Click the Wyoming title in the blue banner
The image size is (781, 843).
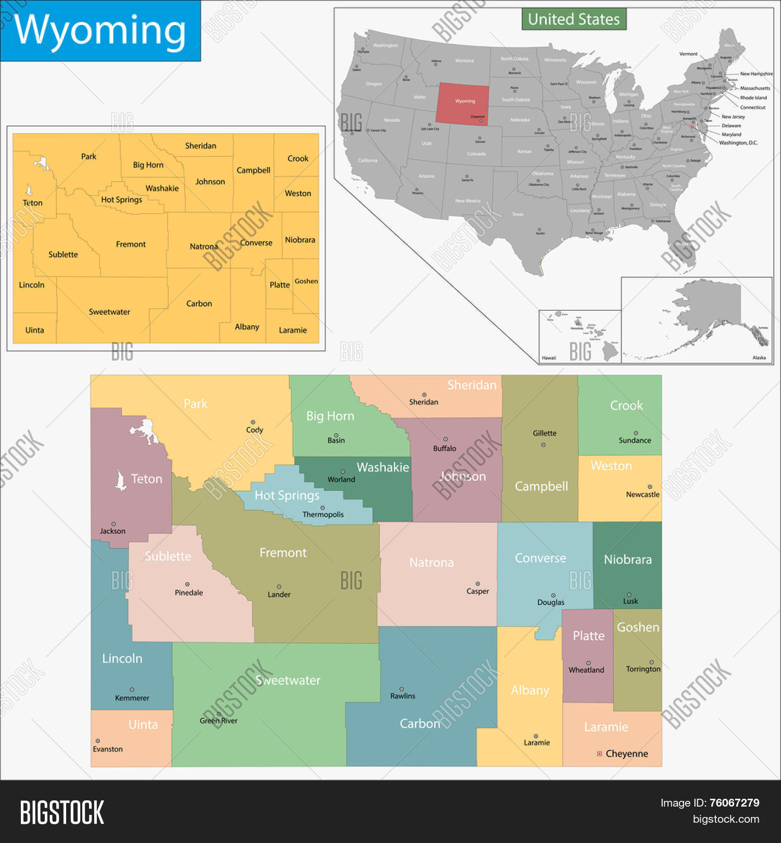click(99, 30)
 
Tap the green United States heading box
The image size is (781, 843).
click(574, 19)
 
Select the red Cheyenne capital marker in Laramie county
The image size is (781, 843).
click(599, 753)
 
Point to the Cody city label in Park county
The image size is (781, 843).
click(255, 430)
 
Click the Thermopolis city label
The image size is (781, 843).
click(323, 515)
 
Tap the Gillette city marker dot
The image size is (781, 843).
click(544, 445)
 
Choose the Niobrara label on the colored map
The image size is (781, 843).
click(627, 559)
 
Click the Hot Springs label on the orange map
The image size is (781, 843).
click(121, 200)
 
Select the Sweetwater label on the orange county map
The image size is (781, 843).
click(109, 312)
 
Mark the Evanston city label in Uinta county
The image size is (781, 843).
click(108, 749)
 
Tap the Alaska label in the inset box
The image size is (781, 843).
click(759, 357)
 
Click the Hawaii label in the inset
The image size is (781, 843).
click(549, 358)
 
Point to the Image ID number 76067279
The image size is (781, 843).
click(734, 803)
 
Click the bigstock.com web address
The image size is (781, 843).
click(726, 819)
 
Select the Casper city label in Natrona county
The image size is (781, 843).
click(477, 591)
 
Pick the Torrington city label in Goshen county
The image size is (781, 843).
click(643, 669)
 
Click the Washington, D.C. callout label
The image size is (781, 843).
click(738, 143)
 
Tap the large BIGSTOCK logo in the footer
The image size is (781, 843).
click(62, 813)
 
